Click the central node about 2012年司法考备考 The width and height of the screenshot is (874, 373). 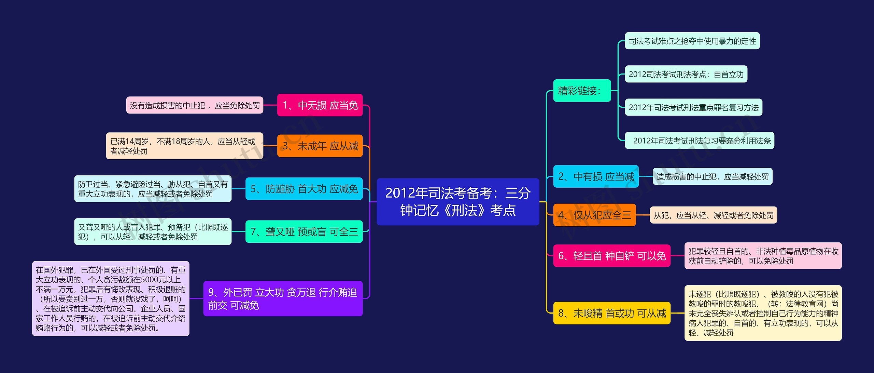point(458,201)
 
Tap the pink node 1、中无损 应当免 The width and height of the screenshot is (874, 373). point(320,105)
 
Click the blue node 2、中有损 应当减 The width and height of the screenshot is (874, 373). point(596,176)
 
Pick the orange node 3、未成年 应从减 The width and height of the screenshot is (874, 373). point(320,146)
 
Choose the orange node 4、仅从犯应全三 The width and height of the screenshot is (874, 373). point(594,215)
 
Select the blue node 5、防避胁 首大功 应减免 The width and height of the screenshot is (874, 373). point(304,189)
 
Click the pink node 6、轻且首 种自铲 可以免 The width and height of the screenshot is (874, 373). point(612,256)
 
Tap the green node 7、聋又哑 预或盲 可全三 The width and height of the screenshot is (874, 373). point(304,232)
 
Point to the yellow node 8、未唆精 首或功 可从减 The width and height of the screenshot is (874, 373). point(612,313)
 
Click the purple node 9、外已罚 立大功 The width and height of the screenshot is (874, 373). point(283,298)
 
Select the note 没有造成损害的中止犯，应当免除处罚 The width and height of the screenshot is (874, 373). point(195,105)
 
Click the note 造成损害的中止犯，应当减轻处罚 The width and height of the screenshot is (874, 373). point(713,176)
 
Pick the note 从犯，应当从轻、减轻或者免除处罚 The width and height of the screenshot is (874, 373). point(714,215)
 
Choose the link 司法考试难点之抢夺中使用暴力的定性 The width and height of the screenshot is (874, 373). point(692,41)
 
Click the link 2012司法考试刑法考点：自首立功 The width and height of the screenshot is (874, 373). point(686,74)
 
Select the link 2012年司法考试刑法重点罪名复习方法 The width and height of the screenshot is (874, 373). point(694,107)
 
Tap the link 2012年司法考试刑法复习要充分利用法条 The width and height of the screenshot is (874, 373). point(700,141)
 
